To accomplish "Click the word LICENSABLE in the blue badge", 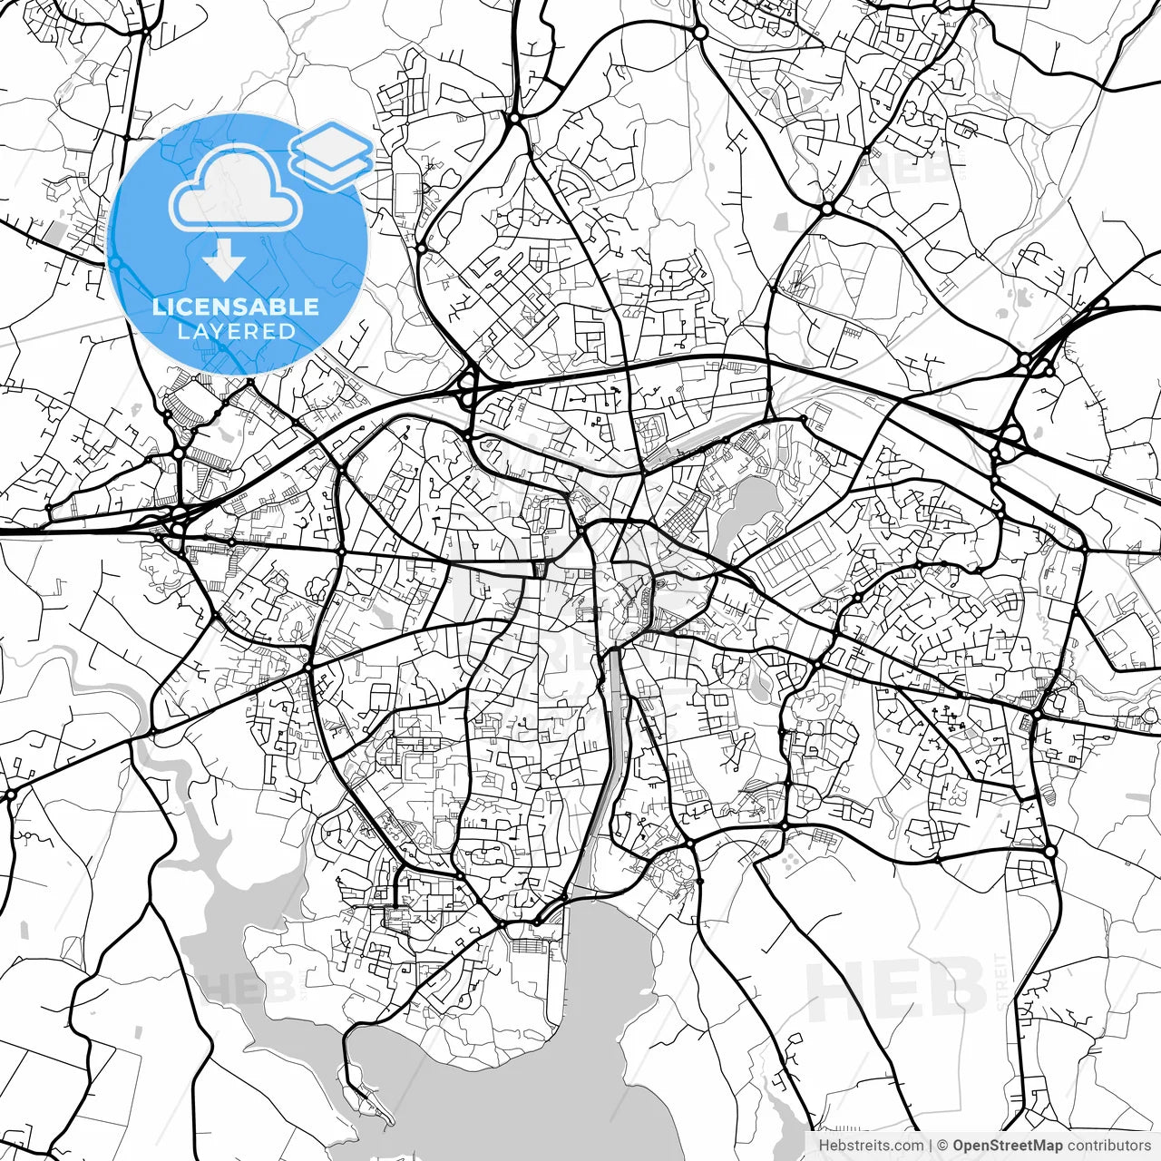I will pos(236,307).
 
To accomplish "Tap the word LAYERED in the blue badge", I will pos(236,331).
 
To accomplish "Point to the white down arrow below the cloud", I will pos(223,259).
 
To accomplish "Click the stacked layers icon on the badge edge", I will pos(331,155).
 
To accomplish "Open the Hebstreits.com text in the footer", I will pos(871,1146).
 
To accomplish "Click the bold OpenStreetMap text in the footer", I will pos(1007,1146).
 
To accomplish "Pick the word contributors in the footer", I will pos(1107,1146).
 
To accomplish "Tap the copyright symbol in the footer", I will pos(942,1146).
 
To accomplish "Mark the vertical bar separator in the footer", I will pos(931,1146).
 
